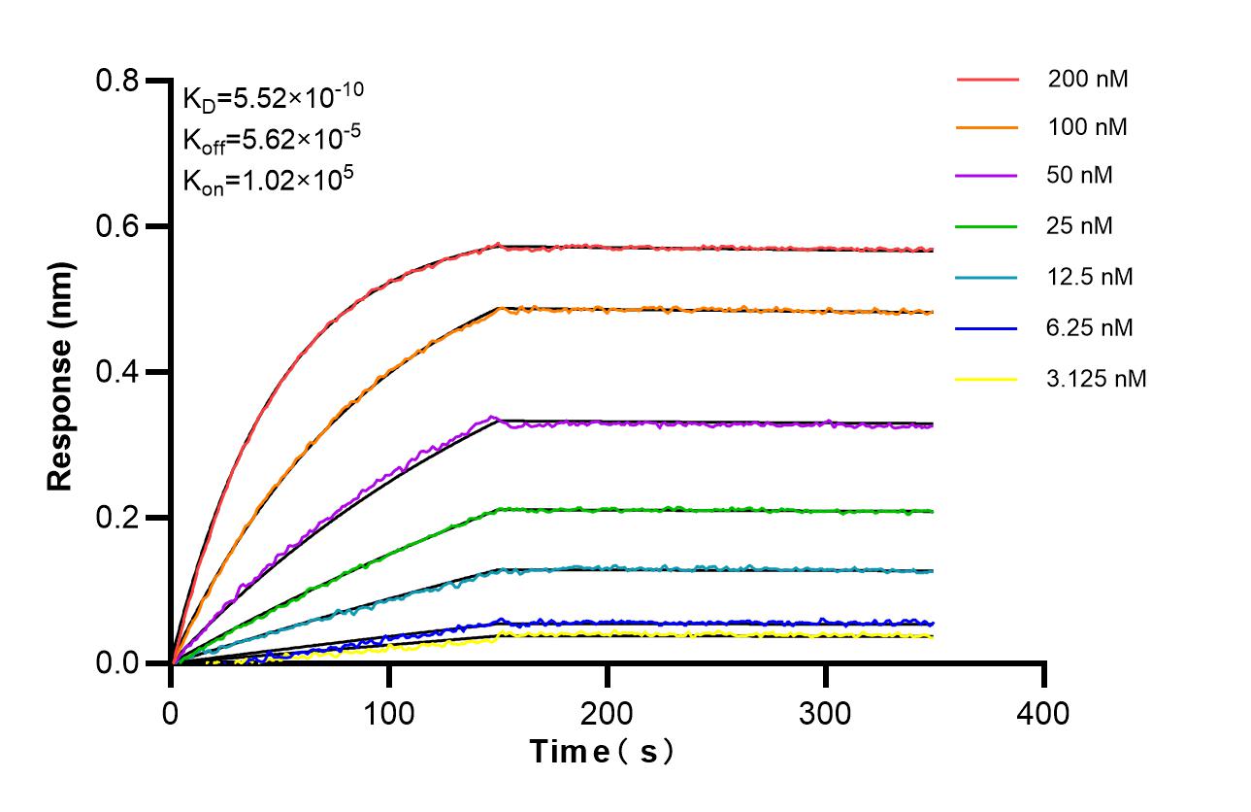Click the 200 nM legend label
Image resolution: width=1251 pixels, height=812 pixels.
(1087, 80)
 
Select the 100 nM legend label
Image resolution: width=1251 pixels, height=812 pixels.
(1087, 127)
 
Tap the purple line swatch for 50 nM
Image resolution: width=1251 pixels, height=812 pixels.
(987, 176)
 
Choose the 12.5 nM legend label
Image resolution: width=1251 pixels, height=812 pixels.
(1090, 277)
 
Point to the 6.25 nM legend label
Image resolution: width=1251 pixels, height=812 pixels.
(1090, 327)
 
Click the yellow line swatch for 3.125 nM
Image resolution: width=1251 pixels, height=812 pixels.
(987, 378)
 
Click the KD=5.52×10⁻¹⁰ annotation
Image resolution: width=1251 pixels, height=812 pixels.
(274, 97)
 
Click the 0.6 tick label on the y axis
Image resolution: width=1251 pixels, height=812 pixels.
(118, 226)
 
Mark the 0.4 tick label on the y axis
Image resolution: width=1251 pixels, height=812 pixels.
(118, 372)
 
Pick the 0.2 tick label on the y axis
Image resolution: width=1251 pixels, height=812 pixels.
(118, 518)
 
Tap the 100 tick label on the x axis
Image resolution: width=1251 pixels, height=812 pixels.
(389, 714)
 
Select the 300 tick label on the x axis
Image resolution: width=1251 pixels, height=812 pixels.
(826, 714)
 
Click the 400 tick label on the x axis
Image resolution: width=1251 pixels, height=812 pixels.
(1044, 714)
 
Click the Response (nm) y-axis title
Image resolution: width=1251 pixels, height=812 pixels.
(61, 372)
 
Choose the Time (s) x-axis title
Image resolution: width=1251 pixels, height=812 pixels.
(602, 751)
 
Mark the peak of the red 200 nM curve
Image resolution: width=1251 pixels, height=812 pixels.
(498, 245)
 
